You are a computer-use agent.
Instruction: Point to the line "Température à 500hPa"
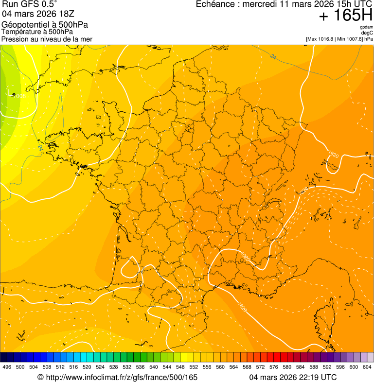coord(40,32)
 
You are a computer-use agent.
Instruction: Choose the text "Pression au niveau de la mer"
coord(47,39)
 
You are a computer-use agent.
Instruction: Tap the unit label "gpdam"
coord(366,27)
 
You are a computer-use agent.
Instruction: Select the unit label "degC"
coord(367,33)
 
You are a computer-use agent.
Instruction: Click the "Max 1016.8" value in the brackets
coord(321,39)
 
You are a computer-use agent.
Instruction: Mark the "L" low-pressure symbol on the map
coord(10,92)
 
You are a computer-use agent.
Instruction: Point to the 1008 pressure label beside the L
coord(19,97)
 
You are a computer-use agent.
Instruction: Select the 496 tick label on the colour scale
coord(7,367)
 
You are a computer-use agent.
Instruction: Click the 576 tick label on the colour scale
coord(274,367)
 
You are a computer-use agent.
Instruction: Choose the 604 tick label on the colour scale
coord(367,367)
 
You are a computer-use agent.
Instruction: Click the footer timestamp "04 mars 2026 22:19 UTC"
coord(293,377)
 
